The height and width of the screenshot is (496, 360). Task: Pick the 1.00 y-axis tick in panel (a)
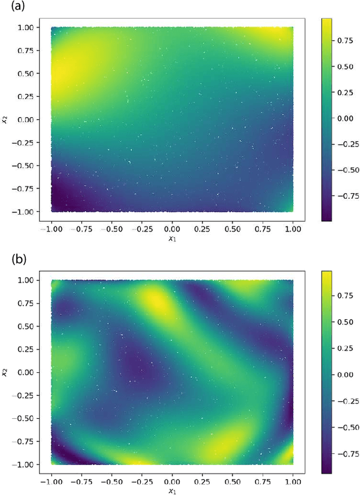point(29,27)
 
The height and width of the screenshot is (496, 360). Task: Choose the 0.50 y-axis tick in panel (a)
point(29,73)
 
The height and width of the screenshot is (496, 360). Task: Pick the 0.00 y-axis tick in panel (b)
point(29,372)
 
